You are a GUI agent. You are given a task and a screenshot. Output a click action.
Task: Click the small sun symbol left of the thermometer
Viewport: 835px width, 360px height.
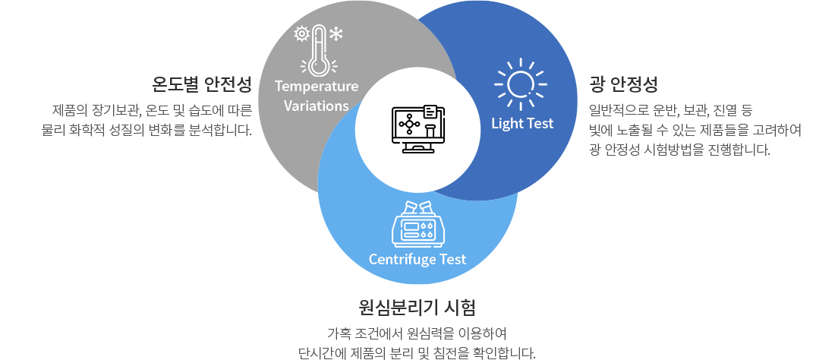(301, 33)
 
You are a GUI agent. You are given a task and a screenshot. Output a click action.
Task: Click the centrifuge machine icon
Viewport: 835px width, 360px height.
(417, 223)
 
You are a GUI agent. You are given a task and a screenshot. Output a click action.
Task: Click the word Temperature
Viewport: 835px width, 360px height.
(317, 86)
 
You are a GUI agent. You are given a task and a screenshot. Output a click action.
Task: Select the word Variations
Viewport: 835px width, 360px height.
(317, 106)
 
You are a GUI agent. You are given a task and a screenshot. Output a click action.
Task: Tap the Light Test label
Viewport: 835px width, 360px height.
(522, 123)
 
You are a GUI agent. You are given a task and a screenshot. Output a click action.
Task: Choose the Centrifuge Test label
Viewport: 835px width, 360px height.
(417, 259)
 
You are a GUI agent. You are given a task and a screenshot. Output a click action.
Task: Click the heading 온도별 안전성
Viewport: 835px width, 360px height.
(202, 83)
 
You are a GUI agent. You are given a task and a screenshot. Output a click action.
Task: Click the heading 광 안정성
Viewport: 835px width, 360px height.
(622, 83)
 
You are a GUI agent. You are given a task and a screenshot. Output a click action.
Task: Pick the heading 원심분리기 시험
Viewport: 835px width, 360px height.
(417, 308)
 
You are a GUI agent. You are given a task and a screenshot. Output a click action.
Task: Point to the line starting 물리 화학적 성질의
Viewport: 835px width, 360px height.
(147, 130)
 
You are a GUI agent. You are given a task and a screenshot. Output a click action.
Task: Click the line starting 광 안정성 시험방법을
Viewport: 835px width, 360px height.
(679, 149)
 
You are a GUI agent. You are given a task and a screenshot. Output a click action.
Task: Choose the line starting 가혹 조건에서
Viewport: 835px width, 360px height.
(416, 334)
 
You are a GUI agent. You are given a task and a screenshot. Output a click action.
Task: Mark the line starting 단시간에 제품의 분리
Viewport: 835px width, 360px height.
(417, 352)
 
